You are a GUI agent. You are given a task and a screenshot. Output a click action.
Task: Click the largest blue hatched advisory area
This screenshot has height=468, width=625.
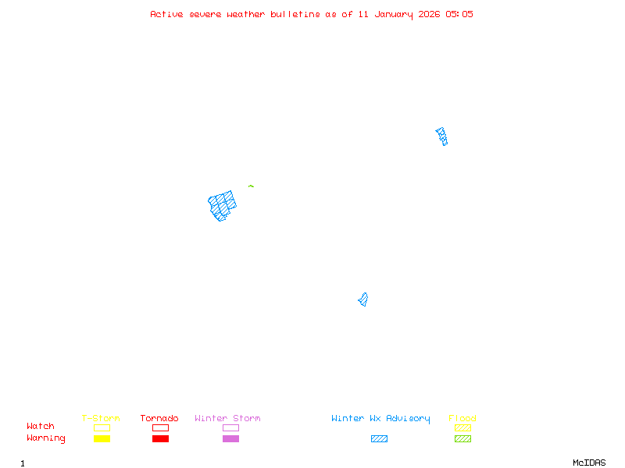[223, 205]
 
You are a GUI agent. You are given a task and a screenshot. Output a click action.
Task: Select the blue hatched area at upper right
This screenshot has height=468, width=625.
[442, 136]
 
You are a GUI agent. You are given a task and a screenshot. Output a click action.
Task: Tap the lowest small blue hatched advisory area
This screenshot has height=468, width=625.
[363, 300]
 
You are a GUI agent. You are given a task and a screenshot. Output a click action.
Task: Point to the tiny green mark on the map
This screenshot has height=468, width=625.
[251, 186]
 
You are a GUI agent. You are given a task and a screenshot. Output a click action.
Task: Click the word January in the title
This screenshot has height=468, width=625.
[389, 14]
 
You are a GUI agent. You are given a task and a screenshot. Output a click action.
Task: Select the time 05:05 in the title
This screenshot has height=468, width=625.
[459, 14]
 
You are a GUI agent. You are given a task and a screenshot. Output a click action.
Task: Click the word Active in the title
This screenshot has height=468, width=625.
[166, 14]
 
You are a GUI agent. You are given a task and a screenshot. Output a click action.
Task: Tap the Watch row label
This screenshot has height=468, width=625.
[41, 427]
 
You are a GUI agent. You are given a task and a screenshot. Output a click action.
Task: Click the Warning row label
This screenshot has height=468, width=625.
[45, 438]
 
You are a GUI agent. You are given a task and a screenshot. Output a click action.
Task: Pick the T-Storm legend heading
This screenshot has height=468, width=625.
[101, 418]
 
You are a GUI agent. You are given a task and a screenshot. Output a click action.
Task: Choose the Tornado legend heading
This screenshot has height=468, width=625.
[159, 418]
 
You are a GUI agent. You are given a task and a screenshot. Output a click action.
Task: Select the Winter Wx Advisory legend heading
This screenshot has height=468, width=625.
[380, 418]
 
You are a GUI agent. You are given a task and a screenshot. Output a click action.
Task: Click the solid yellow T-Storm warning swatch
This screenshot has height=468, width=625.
[102, 438]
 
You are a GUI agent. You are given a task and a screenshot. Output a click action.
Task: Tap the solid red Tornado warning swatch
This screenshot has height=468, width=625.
[160, 438]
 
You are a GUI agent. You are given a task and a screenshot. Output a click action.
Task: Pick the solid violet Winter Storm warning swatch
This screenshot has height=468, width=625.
[230, 438]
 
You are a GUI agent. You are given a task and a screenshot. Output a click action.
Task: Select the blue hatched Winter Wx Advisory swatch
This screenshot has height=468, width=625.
[379, 438]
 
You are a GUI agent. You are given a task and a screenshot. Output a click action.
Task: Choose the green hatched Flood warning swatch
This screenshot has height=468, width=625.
[462, 438]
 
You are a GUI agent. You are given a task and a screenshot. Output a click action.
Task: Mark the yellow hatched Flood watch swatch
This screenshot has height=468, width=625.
[462, 427]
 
